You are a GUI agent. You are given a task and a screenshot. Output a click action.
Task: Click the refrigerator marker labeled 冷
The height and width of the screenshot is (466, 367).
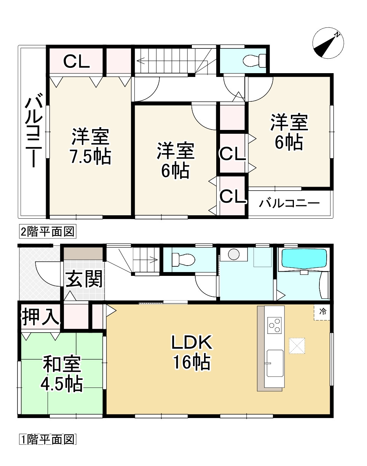[x=322, y=312]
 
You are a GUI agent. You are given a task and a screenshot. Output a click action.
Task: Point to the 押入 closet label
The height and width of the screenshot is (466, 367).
[x=40, y=317]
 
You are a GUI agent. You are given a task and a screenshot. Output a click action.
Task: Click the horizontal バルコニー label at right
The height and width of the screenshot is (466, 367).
[x=289, y=203]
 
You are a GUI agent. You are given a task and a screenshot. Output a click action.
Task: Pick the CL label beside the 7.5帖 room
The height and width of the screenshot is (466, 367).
[x=76, y=61]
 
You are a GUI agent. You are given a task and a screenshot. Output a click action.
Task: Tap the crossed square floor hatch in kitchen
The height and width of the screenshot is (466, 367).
[x=297, y=346]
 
